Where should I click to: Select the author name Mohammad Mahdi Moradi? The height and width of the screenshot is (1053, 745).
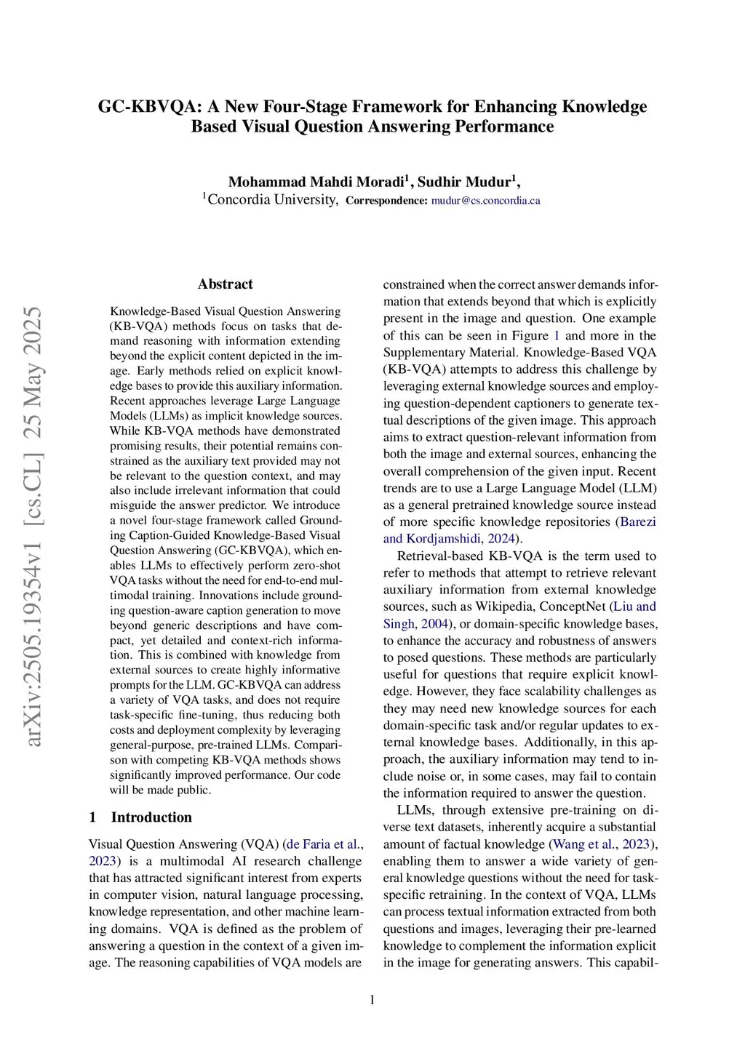(317, 182)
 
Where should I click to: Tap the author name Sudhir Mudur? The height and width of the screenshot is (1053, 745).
(465, 182)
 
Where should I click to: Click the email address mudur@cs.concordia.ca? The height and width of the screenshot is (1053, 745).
(485, 201)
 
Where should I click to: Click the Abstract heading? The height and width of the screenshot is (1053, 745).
(226, 284)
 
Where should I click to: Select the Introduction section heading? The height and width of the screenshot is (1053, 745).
(151, 817)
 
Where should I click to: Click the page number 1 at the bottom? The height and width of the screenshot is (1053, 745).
(372, 1001)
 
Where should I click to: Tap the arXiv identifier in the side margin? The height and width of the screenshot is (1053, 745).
(33, 527)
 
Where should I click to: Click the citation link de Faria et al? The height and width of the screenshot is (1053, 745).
(322, 844)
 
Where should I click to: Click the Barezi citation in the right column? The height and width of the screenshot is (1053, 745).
(637, 522)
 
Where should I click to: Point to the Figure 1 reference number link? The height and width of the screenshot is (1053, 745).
(557, 336)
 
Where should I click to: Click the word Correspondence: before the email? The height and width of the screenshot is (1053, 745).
(386, 201)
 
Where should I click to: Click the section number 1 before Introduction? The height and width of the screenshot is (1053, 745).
(92, 817)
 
